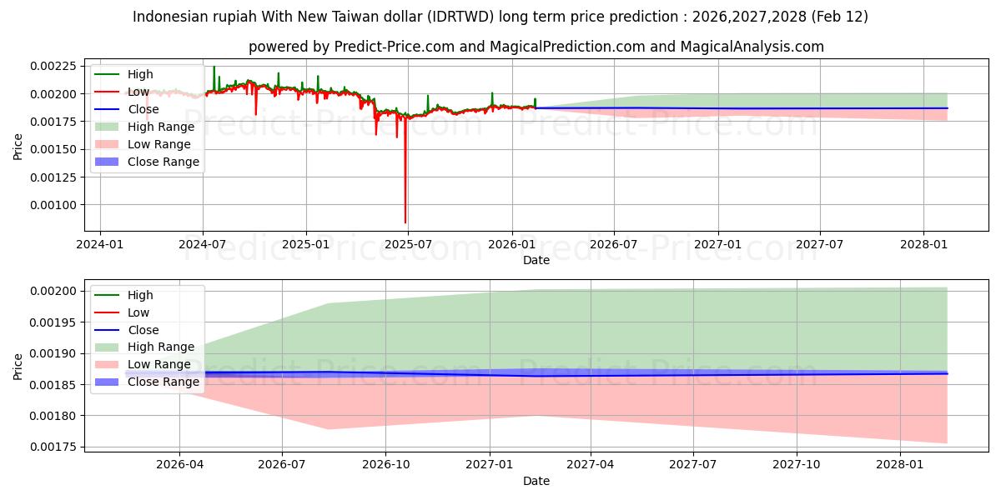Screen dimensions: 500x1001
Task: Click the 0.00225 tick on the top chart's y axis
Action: click(x=58, y=66)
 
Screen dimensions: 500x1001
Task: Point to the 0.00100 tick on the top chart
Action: click(x=58, y=205)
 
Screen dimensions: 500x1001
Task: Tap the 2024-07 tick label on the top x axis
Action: click(x=203, y=244)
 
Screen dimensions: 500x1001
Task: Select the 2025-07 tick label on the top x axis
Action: click(x=409, y=244)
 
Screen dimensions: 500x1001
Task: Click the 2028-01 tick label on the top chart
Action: click(x=923, y=244)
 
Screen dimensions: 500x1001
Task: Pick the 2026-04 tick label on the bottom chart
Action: click(x=179, y=465)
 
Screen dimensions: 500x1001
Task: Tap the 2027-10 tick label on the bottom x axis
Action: click(x=797, y=465)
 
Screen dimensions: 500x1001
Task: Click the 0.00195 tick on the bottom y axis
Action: click(x=58, y=322)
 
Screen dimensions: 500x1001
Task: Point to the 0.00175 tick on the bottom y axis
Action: click(x=58, y=447)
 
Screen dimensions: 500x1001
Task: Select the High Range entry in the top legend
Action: click(x=161, y=127)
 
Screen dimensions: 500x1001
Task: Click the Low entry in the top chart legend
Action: click(x=138, y=92)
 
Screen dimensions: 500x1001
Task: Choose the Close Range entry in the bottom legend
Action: click(x=163, y=382)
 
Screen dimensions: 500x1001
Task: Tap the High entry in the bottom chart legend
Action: click(x=140, y=295)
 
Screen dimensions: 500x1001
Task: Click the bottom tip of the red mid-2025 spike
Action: click(x=405, y=222)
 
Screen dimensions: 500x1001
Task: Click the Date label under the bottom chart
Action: click(x=536, y=481)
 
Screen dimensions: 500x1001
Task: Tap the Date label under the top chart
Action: click(x=536, y=260)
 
